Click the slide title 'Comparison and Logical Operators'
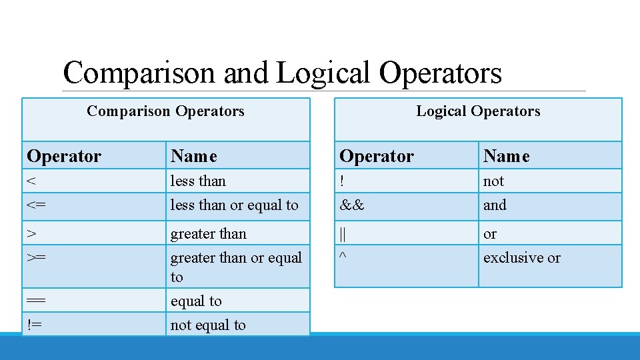(282, 73)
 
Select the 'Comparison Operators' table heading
(165, 111)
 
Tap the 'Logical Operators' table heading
(478, 111)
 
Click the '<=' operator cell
(37, 205)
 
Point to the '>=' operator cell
(37, 258)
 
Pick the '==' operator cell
(37, 301)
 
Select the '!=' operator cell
(35, 325)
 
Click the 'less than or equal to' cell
(234, 205)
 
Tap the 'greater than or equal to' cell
(236, 267)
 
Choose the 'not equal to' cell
(208, 325)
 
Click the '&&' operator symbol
(352, 205)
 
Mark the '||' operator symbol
(343, 234)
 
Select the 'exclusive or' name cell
(521, 258)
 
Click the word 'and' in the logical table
(495, 205)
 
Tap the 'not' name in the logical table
(493, 181)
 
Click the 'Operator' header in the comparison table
(64, 157)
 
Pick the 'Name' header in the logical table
(506, 157)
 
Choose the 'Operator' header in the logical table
(377, 157)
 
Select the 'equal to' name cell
(196, 301)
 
